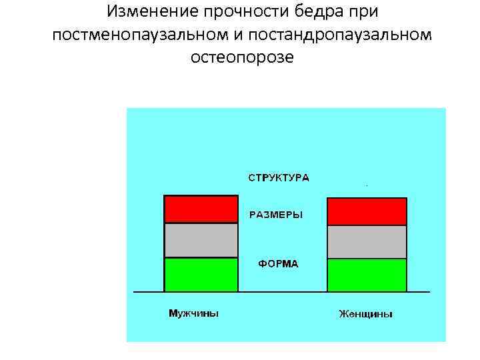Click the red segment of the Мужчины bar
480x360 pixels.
pos(201,209)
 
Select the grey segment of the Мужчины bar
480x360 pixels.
pos(201,240)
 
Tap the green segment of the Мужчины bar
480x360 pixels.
pos(201,275)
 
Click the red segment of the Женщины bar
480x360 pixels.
pos(367,211)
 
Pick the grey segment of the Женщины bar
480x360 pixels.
pos(367,242)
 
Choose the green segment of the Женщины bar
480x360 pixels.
pos(367,275)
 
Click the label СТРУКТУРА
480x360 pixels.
pos(279,178)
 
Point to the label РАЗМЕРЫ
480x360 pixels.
pos(276,215)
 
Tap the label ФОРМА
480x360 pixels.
pos(278,264)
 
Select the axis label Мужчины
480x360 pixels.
pos(193,313)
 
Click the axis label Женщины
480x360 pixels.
pos(365,313)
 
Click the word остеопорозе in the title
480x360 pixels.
pos(241,57)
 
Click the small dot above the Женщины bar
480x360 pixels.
pos(367,183)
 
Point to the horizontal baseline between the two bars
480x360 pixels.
pos(282,292)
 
